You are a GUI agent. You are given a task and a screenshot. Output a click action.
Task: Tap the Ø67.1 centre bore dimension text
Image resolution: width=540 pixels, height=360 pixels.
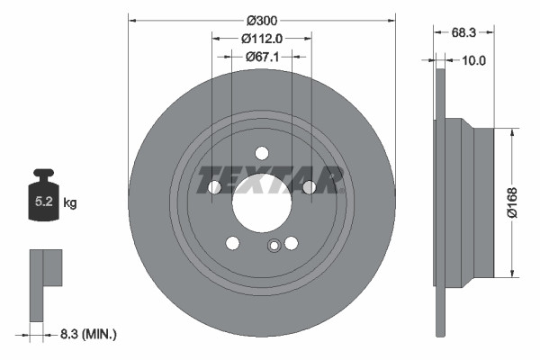coord(262,56)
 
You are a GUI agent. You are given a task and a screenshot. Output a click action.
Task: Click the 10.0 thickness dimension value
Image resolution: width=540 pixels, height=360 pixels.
coord(473,60)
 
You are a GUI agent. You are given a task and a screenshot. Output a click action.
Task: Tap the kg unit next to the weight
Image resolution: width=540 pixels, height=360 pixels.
coord(70,203)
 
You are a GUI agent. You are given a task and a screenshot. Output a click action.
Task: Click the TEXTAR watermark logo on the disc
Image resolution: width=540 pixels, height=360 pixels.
coord(271,178)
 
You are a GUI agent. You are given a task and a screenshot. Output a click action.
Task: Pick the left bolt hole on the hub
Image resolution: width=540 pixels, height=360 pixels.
coord(215,187)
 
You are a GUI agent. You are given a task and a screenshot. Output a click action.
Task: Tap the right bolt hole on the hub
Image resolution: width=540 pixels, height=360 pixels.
coord(309,187)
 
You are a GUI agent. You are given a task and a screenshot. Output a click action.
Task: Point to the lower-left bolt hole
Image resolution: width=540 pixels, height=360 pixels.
coord(233,243)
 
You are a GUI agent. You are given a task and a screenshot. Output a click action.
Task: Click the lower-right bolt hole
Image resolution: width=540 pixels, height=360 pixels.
coord(291,243)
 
